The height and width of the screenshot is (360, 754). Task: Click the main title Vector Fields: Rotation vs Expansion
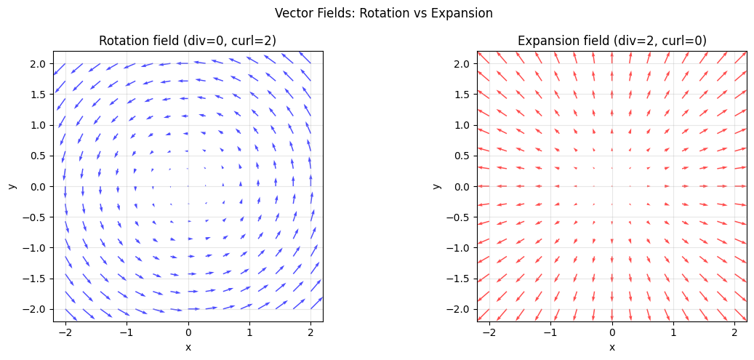pos(384,13)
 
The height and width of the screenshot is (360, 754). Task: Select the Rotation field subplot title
pos(188,41)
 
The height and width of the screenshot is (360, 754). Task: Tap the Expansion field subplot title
pos(611,41)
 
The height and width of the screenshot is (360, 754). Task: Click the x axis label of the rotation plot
pos(188,347)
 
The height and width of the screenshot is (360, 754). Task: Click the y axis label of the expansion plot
pos(436,186)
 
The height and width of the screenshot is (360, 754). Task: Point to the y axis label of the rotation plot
pos(12,186)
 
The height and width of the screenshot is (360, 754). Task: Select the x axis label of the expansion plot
pos(612,347)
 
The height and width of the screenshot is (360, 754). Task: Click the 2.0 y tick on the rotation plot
pos(39,64)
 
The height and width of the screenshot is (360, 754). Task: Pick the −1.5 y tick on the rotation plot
pos(36,279)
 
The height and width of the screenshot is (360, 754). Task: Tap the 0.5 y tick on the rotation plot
pos(39,156)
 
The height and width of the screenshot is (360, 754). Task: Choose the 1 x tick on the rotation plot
pos(249,332)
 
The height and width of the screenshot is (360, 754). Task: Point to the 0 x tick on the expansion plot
pos(612,332)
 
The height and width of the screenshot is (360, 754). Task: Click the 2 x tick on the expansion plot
pos(735,332)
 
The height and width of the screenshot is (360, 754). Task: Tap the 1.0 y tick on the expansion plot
pos(463,125)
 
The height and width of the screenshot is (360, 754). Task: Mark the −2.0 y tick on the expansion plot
pos(460,309)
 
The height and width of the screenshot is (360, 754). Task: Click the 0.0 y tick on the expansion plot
pos(463,187)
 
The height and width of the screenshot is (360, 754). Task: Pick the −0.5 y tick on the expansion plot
pos(460,217)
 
